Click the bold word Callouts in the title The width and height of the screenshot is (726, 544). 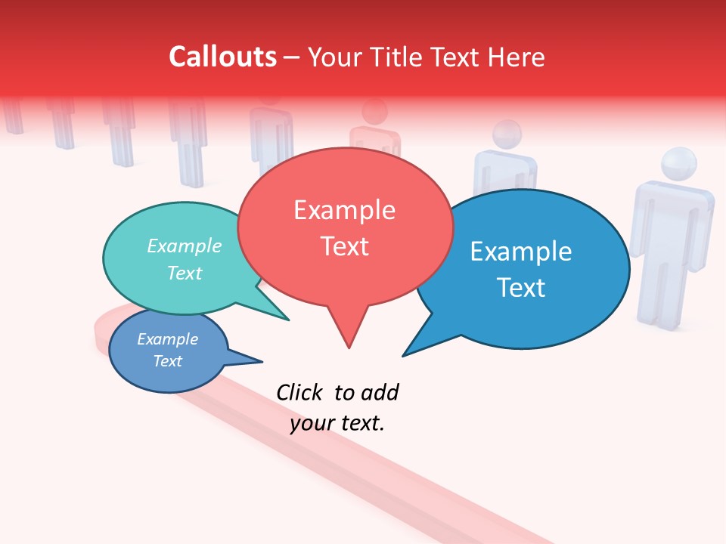tap(222, 57)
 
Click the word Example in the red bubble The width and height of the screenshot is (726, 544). tap(344, 210)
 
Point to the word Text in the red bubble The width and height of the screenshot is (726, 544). tap(344, 246)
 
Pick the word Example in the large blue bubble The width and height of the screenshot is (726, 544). tap(520, 252)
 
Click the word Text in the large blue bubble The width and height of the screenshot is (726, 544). tap(520, 287)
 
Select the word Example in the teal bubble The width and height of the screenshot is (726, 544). tap(185, 246)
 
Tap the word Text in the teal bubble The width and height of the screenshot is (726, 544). tap(185, 273)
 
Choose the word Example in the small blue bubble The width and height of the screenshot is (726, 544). tap(167, 339)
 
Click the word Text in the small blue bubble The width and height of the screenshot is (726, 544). tap(167, 361)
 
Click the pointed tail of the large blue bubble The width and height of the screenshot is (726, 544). tap(406, 353)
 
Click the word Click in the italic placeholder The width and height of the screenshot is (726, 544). tap(299, 392)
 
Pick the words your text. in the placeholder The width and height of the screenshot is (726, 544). tap(337, 423)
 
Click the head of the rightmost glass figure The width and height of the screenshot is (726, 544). tap(678, 165)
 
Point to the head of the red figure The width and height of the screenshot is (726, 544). tap(374, 113)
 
